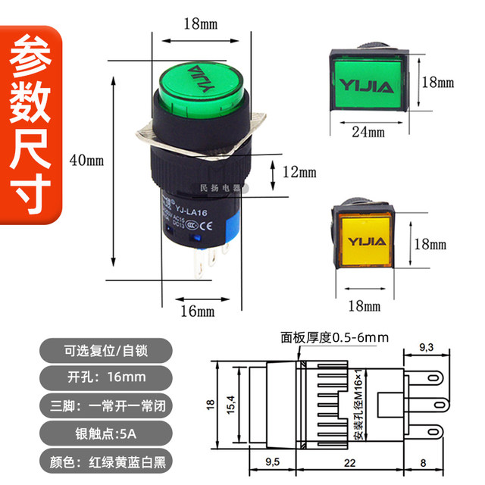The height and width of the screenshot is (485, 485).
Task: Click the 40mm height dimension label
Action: pyautogui.click(x=86, y=160)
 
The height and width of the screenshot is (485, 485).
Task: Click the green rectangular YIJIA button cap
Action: pyautogui.click(x=367, y=82)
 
